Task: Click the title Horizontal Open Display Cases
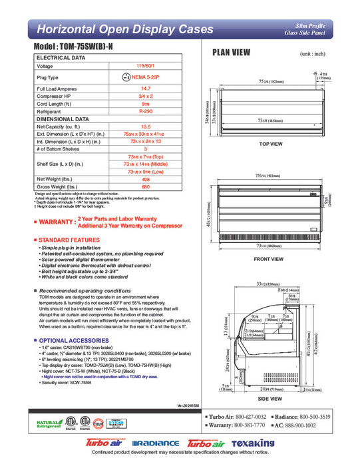coord(124,29)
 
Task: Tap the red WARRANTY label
coord(56,222)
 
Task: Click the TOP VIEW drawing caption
coord(271,144)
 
